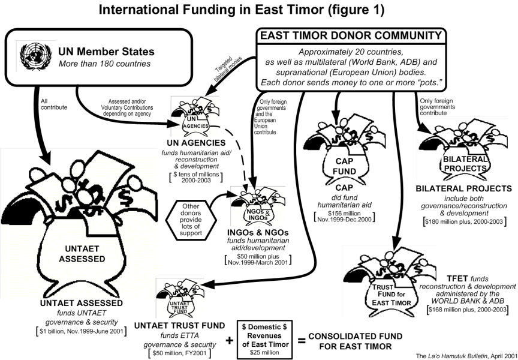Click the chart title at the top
(259, 10)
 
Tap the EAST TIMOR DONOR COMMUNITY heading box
(351, 35)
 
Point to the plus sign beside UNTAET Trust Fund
(230, 340)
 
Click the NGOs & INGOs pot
(257, 207)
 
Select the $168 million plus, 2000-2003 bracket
(468, 310)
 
